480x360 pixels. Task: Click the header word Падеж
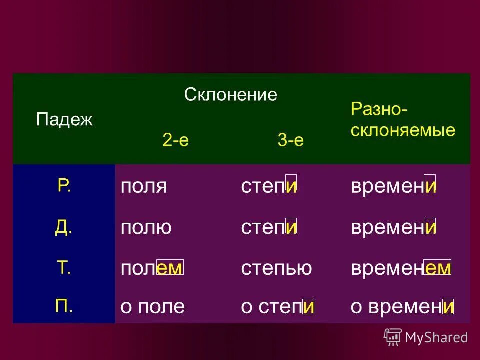(x=64, y=120)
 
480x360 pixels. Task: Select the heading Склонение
(x=230, y=94)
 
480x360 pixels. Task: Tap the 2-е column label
(x=175, y=140)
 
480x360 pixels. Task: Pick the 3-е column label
(x=290, y=140)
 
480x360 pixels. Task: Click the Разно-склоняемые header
(x=403, y=120)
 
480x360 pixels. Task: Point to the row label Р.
(x=64, y=186)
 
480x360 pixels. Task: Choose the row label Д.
(x=64, y=227)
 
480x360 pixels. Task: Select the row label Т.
(x=64, y=268)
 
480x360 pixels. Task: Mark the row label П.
(x=64, y=306)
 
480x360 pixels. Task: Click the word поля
(x=143, y=187)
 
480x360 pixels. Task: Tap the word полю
(x=146, y=228)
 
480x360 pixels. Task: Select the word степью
(x=276, y=269)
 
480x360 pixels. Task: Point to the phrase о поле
(x=152, y=306)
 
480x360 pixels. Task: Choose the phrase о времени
(x=402, y=306)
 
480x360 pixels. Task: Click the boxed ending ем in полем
(x=170, y=268)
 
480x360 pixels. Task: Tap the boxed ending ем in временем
(x=437, y=268)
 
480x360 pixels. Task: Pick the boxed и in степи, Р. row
(x=291, y=185)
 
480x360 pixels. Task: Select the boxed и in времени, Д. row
(x=430, y=227)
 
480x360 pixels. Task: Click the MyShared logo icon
(x=393, y=337)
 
